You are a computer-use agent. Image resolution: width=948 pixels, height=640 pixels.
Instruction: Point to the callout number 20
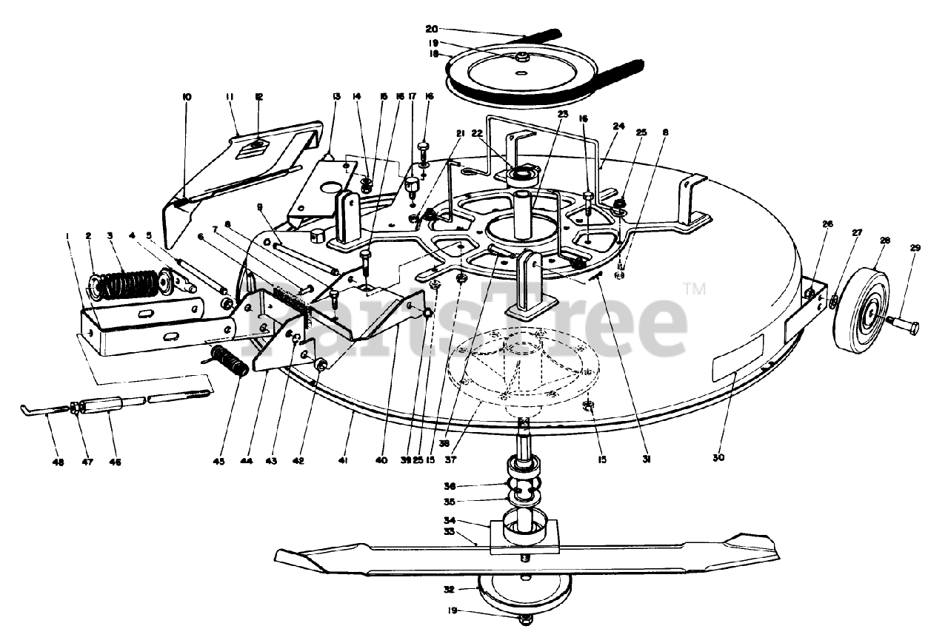tap(432, 29)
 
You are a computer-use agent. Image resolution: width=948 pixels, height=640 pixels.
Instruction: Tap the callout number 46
tap(115, 462)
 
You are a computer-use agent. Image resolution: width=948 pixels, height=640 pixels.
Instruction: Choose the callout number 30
tap(718, 458)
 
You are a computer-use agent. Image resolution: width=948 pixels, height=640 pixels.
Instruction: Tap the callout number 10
tap(186, 97)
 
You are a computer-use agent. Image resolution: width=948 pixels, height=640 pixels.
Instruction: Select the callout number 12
tap(259, 97)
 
